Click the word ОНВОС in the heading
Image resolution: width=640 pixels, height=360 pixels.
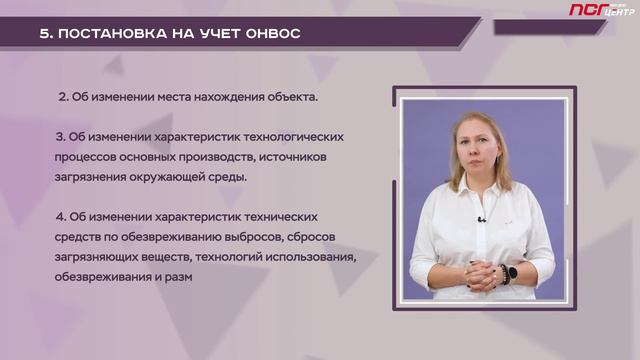click(269, 33)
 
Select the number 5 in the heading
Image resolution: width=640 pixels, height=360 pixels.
click(44, 33)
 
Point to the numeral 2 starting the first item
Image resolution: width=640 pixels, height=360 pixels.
click(62, 97)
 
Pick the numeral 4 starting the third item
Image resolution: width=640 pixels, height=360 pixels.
click(61, 216)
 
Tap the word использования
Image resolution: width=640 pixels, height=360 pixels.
click(306, 257)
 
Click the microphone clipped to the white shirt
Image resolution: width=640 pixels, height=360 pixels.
click(481, 219)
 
